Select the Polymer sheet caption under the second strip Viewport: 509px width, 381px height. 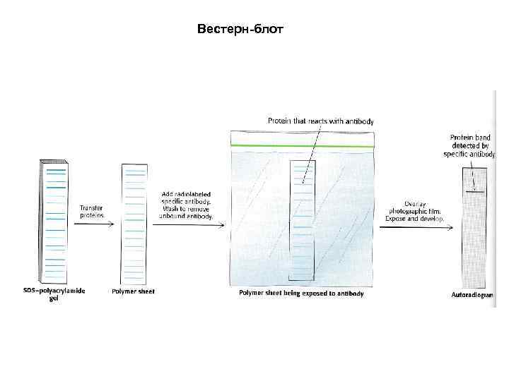[x=133, y=291]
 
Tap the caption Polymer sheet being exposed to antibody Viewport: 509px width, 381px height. [x=301, y=293]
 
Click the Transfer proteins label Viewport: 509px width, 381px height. [x=93, y=211]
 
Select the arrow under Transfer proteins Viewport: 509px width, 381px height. [x=93, y=224]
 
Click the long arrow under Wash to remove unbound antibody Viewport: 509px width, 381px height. [x=187, y=225]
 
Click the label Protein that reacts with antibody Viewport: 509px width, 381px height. [x=320, y=121]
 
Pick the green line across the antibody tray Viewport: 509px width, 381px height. [x=302, y=145]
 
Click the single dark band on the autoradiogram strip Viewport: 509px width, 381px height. [x=474, y=191]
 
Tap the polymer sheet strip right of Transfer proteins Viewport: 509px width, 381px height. [x=134, y=222]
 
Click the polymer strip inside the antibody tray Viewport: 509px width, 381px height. [x=302, y=220]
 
